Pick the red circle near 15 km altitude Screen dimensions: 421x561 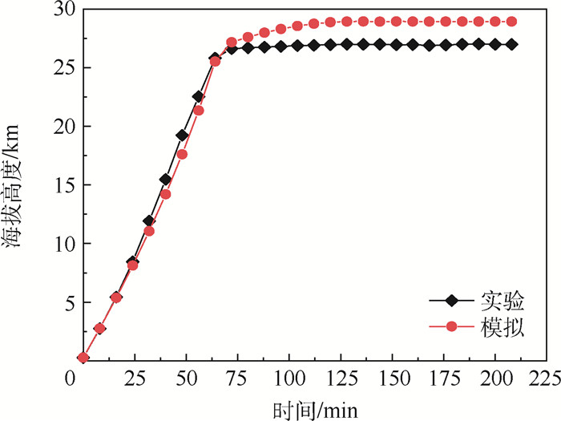165,194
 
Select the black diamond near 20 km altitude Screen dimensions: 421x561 182,135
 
